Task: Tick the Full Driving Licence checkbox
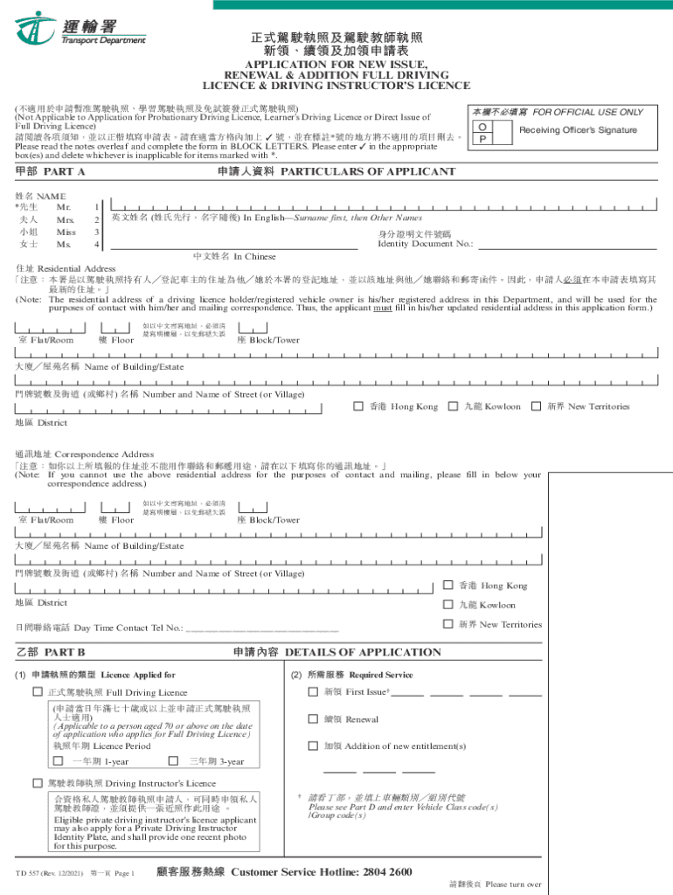(38, 692)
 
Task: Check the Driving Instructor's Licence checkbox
(38, 782)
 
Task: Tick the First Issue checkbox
(312, 691)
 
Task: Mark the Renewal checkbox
(312, 718)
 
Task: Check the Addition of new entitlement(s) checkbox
(312, 746)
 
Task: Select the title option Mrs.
(66, 220)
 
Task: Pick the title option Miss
(66, 232)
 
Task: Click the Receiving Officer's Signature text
(578, 130)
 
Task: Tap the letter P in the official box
(481, 139)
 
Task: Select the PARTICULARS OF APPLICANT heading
(368, 172)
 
